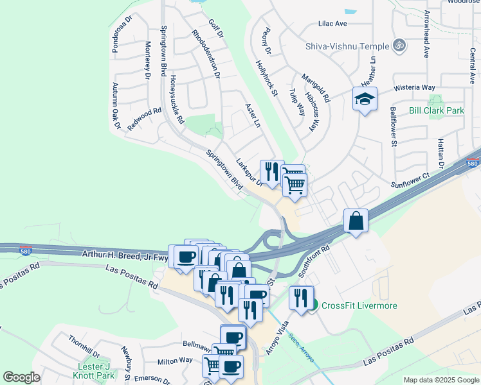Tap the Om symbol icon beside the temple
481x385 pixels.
[x=399, y=46]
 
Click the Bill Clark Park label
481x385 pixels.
[x=437, y=110]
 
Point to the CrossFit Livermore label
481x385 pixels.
[x=359, y=305]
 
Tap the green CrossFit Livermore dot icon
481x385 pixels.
[x=313, y=305]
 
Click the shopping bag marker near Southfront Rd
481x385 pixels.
[x=356, y=221]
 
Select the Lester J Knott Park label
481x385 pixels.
[x=95, y=371]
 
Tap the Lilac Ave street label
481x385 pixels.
[x=332, y=24]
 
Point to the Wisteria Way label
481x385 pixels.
[x=415, y=87]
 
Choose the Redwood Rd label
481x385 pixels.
[x=144, y=119]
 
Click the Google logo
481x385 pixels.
[x=21, y=377]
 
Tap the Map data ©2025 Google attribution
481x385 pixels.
[x=441, y=380]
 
